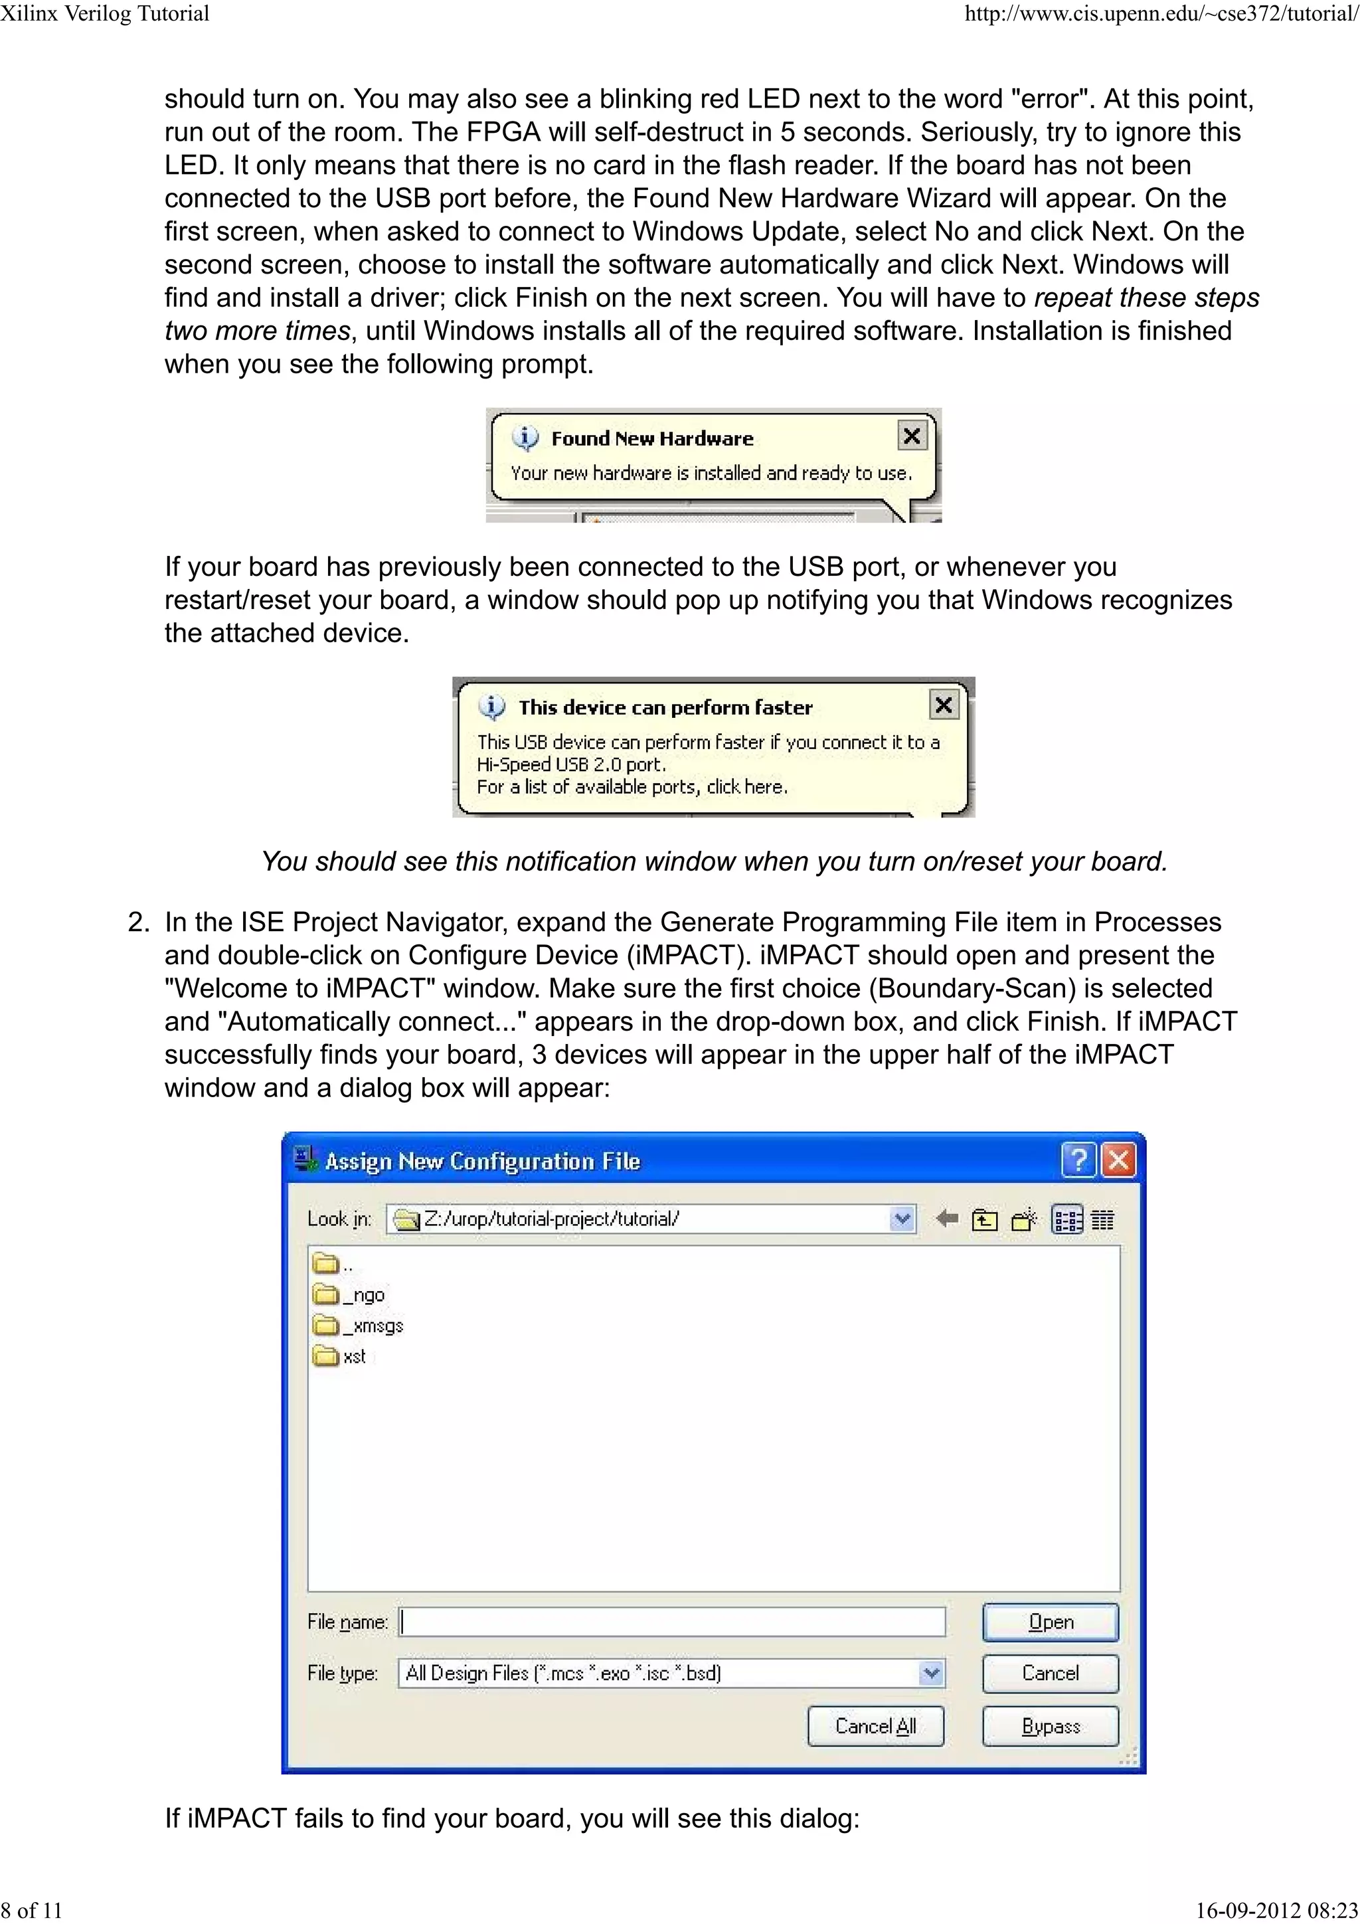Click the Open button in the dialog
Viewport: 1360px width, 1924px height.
(x=1050, y=1622)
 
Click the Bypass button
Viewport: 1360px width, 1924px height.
(x=1050, y=1726)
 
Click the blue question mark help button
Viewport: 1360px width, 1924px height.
(x=1078, y=1161)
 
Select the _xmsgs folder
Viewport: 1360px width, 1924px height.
(x=359, y=1326)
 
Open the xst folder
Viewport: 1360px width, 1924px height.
(x=340, y=1356)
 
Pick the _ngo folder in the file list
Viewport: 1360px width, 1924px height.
(x=349, y=1294)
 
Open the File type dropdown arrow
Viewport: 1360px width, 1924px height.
(x=931, y=1674)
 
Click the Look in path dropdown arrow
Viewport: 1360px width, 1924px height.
(x=902, y=1219)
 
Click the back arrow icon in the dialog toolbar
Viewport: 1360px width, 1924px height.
(x=947, y=1219)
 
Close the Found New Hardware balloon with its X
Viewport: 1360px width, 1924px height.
(x=912, y=436)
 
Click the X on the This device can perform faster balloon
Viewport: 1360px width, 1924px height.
(x=944, y=705)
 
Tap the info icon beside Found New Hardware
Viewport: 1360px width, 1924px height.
(x=525, y=438)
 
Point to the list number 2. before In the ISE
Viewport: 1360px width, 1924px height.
(x=139, y=922)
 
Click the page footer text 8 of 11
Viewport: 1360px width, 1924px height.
(x=32, y=1910)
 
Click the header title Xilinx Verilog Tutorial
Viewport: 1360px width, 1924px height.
(x=105, y=13)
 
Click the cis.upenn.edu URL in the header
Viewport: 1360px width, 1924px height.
(x=1161, y=13)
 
